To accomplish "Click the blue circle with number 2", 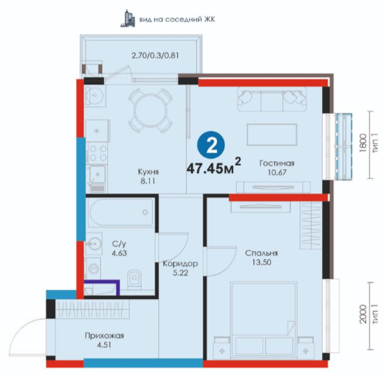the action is [211, 146].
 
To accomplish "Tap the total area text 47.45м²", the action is [214, 167].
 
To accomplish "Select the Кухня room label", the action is [148, 172].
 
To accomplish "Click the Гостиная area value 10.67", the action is [277, 172].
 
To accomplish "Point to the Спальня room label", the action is [261, 253].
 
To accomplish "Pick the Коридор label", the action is [180, 264].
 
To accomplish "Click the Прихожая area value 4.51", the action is [104, 345].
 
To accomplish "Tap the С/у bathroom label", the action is [119, 244].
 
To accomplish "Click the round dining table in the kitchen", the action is [150, 110].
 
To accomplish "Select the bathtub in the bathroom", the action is [121, 212].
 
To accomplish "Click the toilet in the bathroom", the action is [134, 280].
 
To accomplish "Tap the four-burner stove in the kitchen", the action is [98, 153].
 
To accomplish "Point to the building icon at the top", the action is [128, 18].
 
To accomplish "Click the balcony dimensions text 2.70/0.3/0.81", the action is [155, 55].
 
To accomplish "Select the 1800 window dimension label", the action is [363, 143].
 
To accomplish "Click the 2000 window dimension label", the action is [363, 314].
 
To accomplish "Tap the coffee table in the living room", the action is [272, 134].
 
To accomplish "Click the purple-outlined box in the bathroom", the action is [101, 288].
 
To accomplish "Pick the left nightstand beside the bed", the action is [222, 347].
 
